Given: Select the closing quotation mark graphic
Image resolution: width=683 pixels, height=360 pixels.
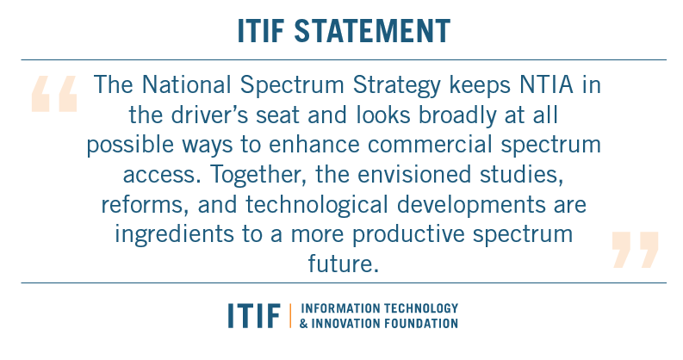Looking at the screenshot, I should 635,249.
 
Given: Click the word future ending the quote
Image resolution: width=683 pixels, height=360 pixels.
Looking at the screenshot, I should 341,264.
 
